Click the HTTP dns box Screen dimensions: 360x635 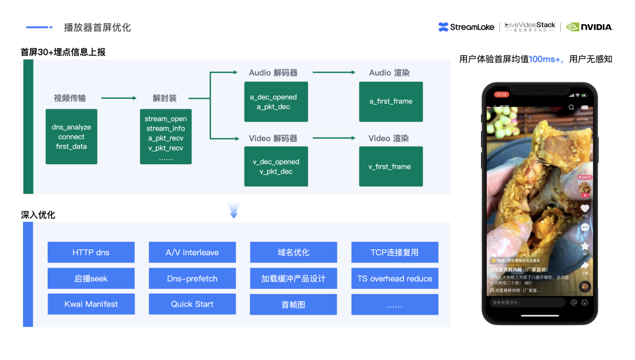pos(91,252)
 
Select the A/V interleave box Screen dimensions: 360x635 pos(192,252)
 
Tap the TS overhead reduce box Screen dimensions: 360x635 pos(395,278)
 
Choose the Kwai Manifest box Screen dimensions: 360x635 pos(91,304)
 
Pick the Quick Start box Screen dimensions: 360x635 pos(192,304)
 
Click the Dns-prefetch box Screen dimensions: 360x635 pos(192,278)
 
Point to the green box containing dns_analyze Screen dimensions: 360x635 pos(71,136)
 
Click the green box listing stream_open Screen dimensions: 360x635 pos(166,136)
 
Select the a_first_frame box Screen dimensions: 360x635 pos(391,101)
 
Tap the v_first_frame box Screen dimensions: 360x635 pos(391,166)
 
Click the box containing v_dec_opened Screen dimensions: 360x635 pos(276,166)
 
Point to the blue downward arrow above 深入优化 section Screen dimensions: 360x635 pos(234,210)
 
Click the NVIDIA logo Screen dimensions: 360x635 pos(590,26)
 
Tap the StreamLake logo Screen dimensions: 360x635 pos(467,26)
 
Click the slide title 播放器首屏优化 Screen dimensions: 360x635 pos(97,28)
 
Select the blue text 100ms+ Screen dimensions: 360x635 pos(546,59)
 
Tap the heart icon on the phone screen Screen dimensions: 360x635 pos(584,208)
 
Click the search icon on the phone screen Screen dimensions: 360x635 pos(571,107)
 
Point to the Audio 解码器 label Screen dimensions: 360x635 pos(273,72)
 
